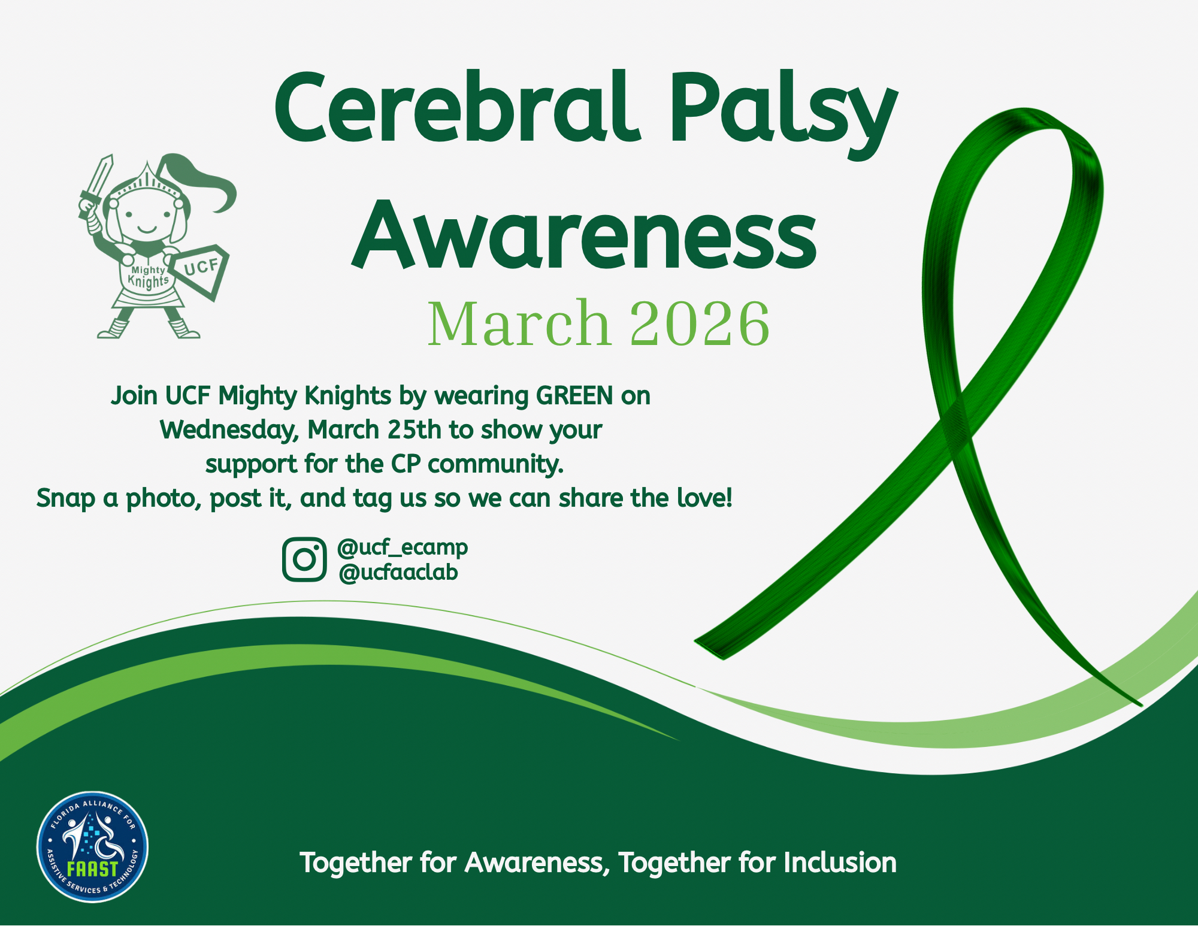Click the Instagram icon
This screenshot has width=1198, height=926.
pos(304,559)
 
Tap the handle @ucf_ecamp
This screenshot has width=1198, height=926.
pos(402,547)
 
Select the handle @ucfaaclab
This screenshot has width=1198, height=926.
pos(398,573)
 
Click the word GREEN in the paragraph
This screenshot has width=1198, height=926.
pos(574,396)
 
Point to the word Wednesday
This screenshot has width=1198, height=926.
pos(229,430)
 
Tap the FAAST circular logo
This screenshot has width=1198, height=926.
pos(92,846)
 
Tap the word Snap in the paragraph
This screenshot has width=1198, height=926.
pos(65,498)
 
